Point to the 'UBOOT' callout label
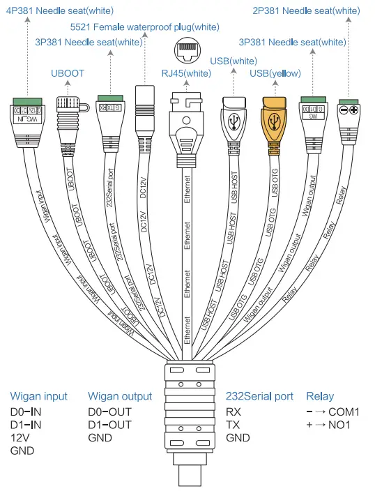67,72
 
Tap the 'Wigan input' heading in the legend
39,396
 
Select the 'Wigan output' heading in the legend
120,396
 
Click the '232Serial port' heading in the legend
259,396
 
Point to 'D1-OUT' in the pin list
109,425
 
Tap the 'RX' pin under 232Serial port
234,411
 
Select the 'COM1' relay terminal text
346,411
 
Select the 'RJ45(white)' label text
187,72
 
